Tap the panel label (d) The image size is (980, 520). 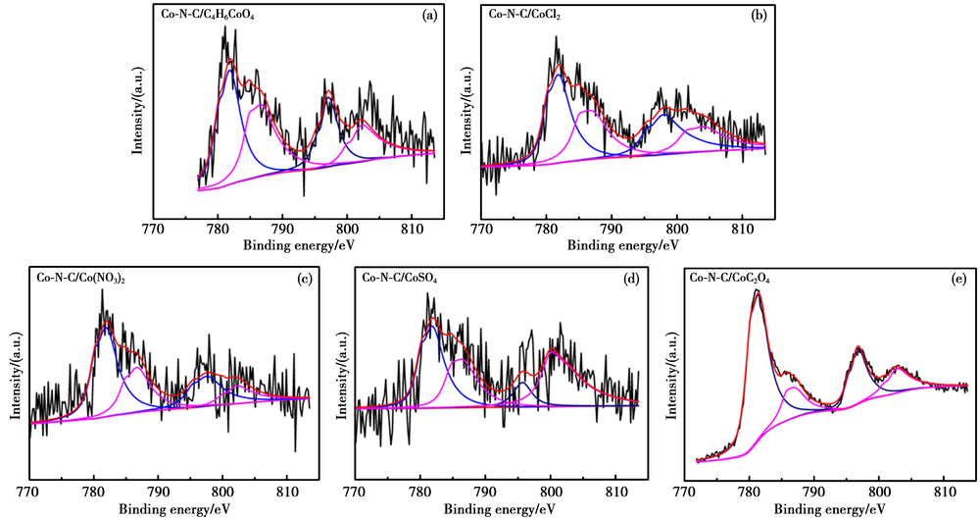(630, 278)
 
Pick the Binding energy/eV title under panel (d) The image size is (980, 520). (494, 508)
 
